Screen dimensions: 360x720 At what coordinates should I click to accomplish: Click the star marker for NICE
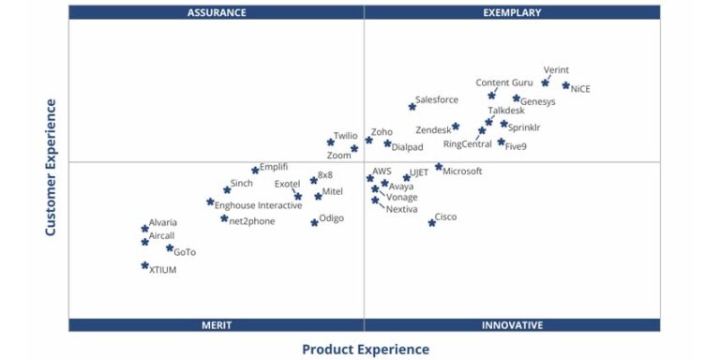click(565, 85)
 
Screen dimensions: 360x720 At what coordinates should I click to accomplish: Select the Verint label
click(556, 70)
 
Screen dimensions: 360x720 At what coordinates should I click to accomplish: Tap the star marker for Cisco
click(432, 222)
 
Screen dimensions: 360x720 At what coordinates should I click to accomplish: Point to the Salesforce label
click(437, 99)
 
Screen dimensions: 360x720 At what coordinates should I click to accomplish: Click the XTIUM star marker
click(144, 265)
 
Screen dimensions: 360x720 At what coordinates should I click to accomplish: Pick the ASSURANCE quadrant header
click(217, 12)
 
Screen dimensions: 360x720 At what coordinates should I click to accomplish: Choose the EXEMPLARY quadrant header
click(512, 12)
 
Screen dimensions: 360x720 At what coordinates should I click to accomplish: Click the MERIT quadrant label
click(217, 325)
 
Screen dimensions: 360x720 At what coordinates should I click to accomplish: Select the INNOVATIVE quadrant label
click(512, 325)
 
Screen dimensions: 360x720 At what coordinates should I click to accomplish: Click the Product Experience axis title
click(365, 350)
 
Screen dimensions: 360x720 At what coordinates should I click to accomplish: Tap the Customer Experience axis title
click(51, 167)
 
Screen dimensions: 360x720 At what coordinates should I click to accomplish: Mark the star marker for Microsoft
click(438, 167)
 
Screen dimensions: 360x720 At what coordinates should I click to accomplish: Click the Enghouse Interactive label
click(259, 205)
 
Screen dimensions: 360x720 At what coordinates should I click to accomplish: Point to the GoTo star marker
click(170, 248)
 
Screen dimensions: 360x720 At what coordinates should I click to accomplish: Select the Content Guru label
click(504, 82)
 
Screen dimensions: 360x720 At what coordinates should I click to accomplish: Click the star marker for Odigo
click(314, 222)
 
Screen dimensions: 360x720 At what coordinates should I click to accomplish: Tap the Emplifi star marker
click(255, 170)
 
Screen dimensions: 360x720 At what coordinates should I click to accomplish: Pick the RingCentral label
click(467, 144)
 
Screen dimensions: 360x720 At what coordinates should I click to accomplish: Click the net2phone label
click(253, 219)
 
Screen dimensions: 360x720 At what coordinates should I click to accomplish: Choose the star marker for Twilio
click(330, 142)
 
